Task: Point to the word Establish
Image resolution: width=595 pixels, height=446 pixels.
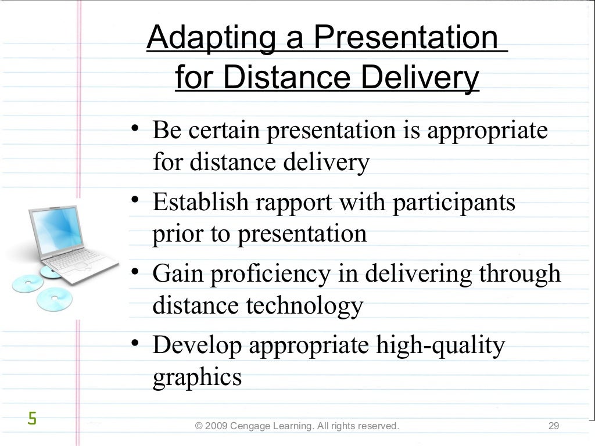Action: point(198,203)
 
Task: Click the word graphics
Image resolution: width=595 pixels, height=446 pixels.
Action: point(196,377)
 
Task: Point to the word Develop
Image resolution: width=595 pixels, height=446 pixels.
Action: point(198,347)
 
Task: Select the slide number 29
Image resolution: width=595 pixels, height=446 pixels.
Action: point(553,427)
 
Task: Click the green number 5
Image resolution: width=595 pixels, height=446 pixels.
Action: point(32,418)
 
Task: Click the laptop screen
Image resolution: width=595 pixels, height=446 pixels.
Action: point(55,229)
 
